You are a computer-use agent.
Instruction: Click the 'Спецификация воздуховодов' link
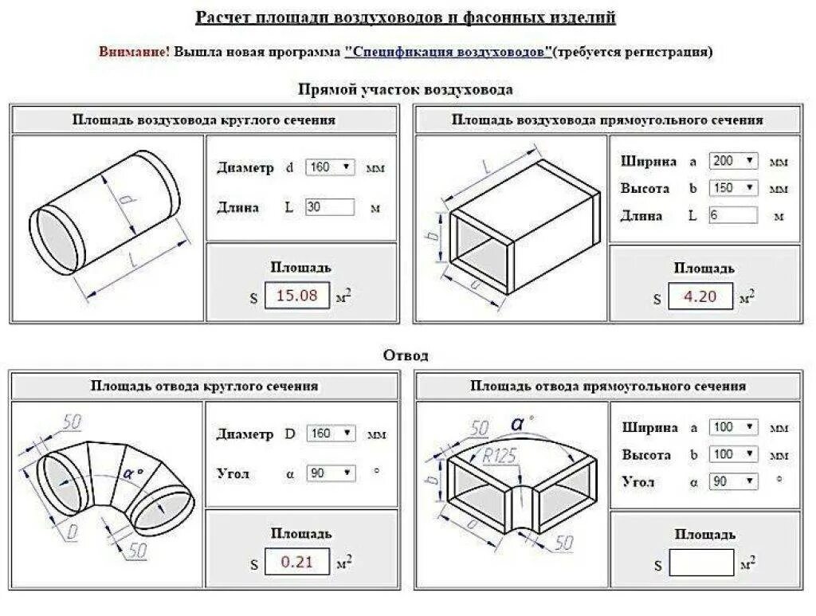click(449, 52)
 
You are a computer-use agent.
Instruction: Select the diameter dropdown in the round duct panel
click(329, 167)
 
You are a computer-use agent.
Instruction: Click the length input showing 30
click(329, 207)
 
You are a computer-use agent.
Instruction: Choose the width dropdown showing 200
click(732, 160)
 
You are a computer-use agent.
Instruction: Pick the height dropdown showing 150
click(732, 188)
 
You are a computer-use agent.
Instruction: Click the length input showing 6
click(732, 215)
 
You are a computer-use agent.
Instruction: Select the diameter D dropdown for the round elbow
click(329, 434)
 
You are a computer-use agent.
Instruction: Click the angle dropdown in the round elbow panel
click(329, 473)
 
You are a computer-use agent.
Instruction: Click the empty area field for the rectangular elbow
click(702, 564)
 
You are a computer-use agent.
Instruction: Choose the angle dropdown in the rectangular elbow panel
click(732, 481)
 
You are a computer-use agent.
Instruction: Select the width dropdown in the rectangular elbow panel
click(732, 426)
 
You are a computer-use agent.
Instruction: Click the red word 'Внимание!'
click(134, 52)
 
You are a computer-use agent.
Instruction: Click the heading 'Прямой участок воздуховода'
click(406, 89)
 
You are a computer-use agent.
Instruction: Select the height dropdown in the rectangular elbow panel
click(732, 454)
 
